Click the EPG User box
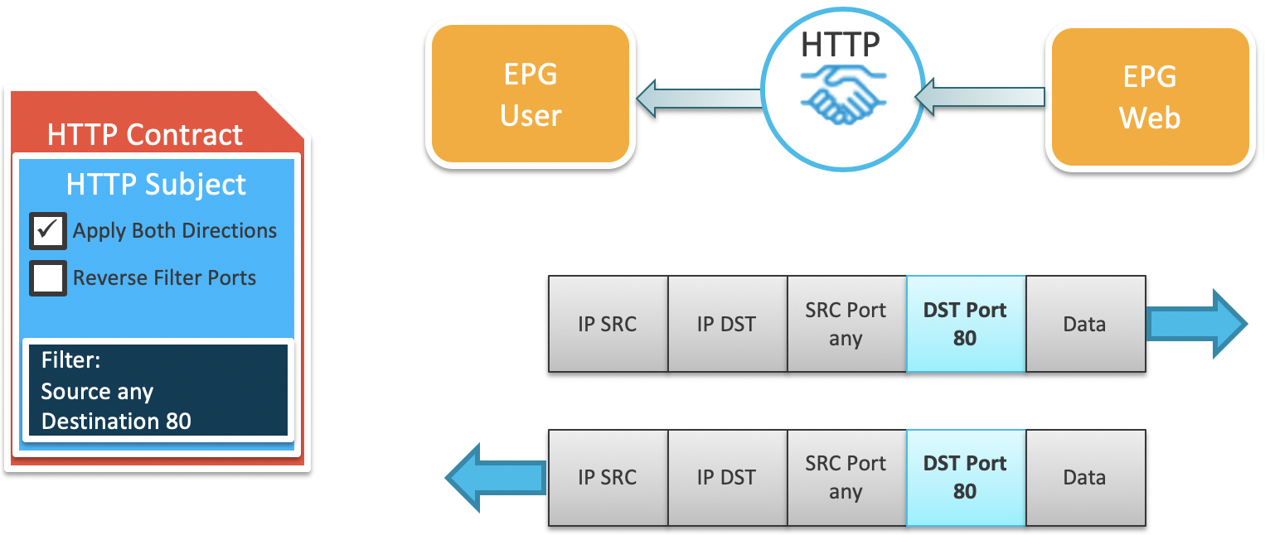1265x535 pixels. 531,95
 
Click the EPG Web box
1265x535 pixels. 1150,98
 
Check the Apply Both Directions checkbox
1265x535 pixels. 48,231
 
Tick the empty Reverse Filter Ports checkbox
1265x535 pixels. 48,278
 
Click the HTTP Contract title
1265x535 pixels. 145,135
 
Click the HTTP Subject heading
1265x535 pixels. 156,184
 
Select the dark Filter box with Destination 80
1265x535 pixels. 157,390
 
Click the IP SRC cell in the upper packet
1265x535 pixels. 608,324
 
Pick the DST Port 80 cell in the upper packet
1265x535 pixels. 966,324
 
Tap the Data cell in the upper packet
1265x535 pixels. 1085,324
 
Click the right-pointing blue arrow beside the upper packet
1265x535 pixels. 1198,324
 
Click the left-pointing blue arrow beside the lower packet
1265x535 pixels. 496,477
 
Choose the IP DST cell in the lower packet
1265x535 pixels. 727,478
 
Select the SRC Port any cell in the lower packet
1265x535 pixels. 846,478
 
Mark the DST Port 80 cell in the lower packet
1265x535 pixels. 966,478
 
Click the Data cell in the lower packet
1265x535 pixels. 1085,478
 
